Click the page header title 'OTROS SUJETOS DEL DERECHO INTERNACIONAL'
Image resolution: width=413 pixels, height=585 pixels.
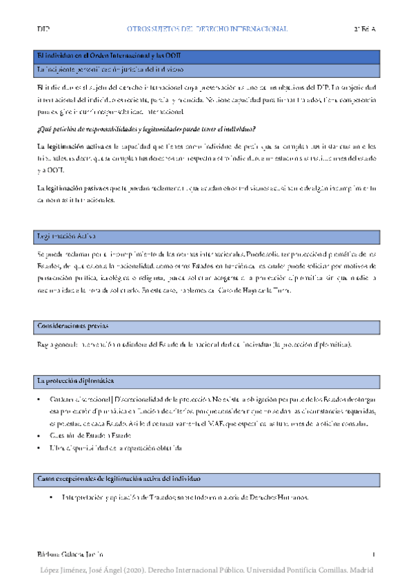[207, 30]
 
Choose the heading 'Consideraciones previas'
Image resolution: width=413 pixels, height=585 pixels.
[73, 326]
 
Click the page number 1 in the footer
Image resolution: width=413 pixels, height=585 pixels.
[372, 555]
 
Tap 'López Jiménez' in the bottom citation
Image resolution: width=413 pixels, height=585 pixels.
[66, 571]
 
